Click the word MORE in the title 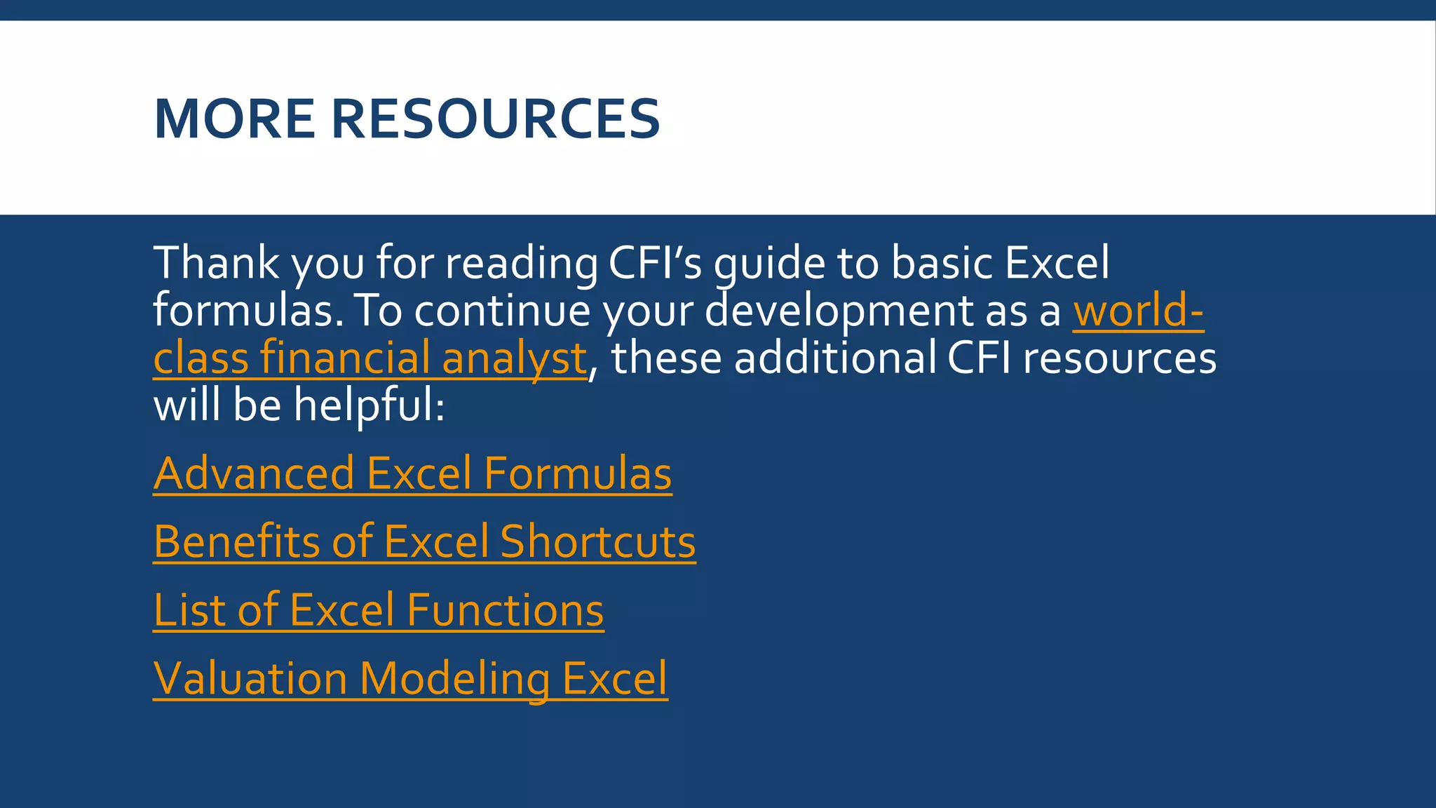[234, 119]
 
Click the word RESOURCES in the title [495, 119]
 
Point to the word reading [521, 264]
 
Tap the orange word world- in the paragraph [1138, 311]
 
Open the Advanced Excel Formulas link [412, 473]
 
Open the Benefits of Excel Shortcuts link [424, 541]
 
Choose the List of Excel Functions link [378, 610]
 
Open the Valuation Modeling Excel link [410, 678]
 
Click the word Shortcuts [597, 541]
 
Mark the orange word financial [344, 357]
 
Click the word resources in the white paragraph [1119, 358]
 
